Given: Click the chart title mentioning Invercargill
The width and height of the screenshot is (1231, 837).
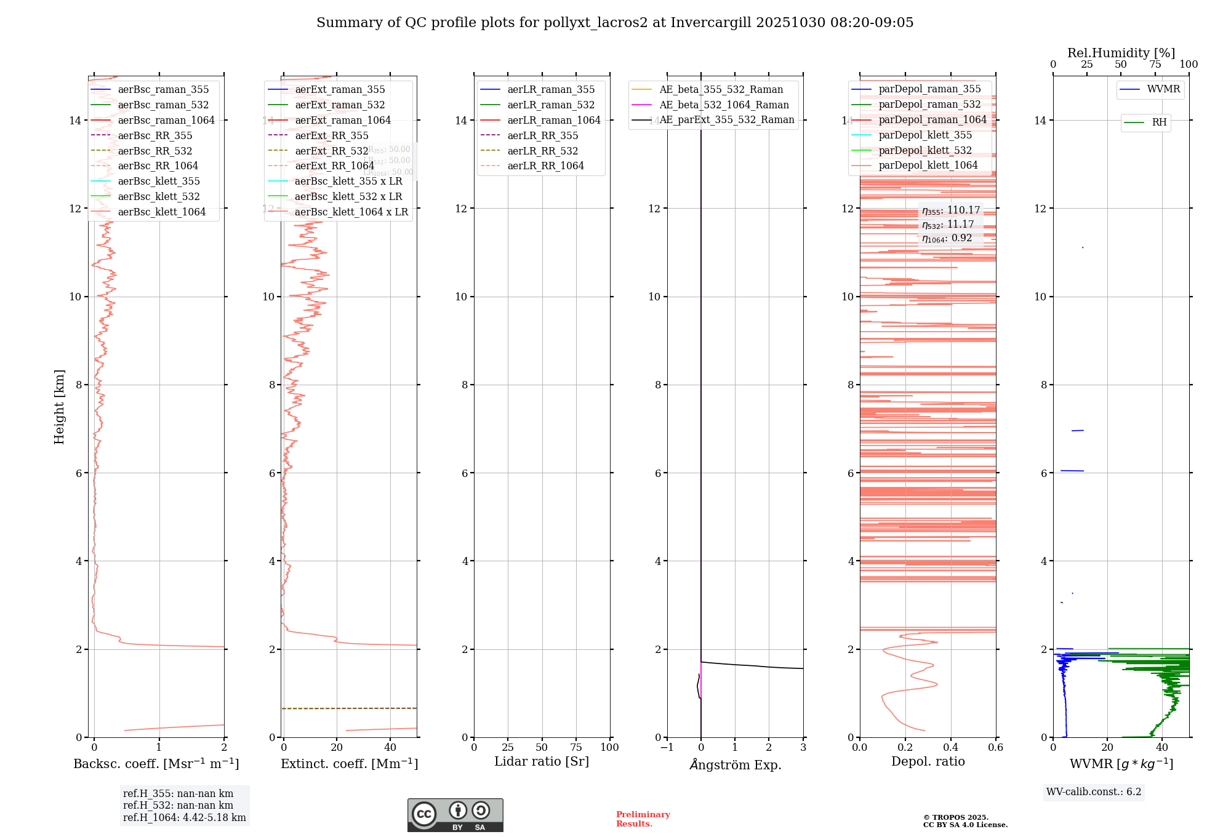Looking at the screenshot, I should click(615, 23).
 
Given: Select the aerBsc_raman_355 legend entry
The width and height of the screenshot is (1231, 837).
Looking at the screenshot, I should click(163, 90).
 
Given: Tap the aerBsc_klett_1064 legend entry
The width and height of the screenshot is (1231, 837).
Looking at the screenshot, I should click(161, 212).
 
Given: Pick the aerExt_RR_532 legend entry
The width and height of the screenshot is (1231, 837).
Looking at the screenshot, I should click(331, 151).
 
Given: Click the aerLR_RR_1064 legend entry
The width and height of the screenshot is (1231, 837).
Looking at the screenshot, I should click(545, 166).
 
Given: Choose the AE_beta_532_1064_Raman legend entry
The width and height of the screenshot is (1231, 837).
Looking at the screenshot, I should click(724, 105).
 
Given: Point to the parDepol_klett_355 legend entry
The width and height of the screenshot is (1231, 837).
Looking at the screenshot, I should click(925, 135).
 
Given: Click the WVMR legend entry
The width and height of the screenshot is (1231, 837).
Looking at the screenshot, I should click(1163, 90).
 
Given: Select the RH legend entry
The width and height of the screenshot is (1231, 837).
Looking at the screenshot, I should click(1159, 122).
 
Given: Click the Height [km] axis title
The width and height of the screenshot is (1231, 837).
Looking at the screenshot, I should click(59, 406).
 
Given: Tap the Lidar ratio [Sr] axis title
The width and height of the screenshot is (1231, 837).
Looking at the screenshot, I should click(542, 762).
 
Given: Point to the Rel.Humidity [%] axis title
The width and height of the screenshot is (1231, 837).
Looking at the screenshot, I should click(1121, 53).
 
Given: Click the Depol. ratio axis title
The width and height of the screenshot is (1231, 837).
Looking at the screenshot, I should click(928, 762).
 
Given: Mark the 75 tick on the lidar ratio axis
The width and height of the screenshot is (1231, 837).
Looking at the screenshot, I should click(576, 748).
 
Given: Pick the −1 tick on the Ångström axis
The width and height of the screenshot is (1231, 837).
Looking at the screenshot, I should click(667, 748).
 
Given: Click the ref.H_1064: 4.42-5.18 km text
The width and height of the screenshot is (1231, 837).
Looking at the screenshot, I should click(184, 818).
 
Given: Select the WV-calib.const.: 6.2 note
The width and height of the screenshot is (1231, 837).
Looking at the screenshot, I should click(1094, 792).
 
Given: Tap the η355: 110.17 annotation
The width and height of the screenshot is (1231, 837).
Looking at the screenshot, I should click(950, 210).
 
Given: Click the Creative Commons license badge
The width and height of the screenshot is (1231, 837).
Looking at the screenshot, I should click(455, 815).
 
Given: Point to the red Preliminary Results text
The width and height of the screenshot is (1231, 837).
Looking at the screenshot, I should click(643, 819).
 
